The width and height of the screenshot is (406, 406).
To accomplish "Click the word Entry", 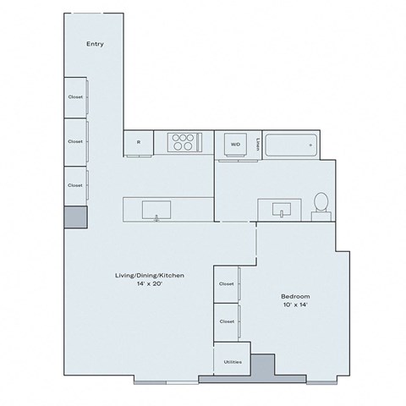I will (x=95, y=44).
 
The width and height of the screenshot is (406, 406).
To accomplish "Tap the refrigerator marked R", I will (x=138, y=143).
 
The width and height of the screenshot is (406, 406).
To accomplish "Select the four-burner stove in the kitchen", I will (x=182, y=142).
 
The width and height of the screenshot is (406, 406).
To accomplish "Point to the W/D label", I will (x=234, y=144).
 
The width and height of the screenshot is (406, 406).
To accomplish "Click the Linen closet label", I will (x=257, y=143).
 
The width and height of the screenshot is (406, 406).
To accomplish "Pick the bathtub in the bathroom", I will (x=290, y=145).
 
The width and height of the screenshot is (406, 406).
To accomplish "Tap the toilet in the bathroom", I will (x=321, y=203).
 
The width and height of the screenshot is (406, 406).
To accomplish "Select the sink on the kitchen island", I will (x=156, y=208).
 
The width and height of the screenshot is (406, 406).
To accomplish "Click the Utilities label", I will (x=233, y=361).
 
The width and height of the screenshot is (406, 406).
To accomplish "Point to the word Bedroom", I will (x=295, y=296).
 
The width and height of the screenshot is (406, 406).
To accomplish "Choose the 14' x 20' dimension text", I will (x=150, y=284).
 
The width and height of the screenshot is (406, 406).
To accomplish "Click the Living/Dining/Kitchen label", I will (x=150, y=276).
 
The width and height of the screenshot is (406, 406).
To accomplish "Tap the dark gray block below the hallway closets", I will (x=75, y=216).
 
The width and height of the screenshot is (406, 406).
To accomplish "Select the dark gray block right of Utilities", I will (x=264, y=365).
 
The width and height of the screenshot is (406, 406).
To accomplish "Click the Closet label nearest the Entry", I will (x=75, y=97).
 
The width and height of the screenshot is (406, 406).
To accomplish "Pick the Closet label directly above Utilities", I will (x=226, y=321).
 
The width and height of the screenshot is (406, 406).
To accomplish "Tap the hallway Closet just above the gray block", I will (x=75, y=184).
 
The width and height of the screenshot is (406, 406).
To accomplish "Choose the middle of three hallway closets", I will (x=75, y=141).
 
